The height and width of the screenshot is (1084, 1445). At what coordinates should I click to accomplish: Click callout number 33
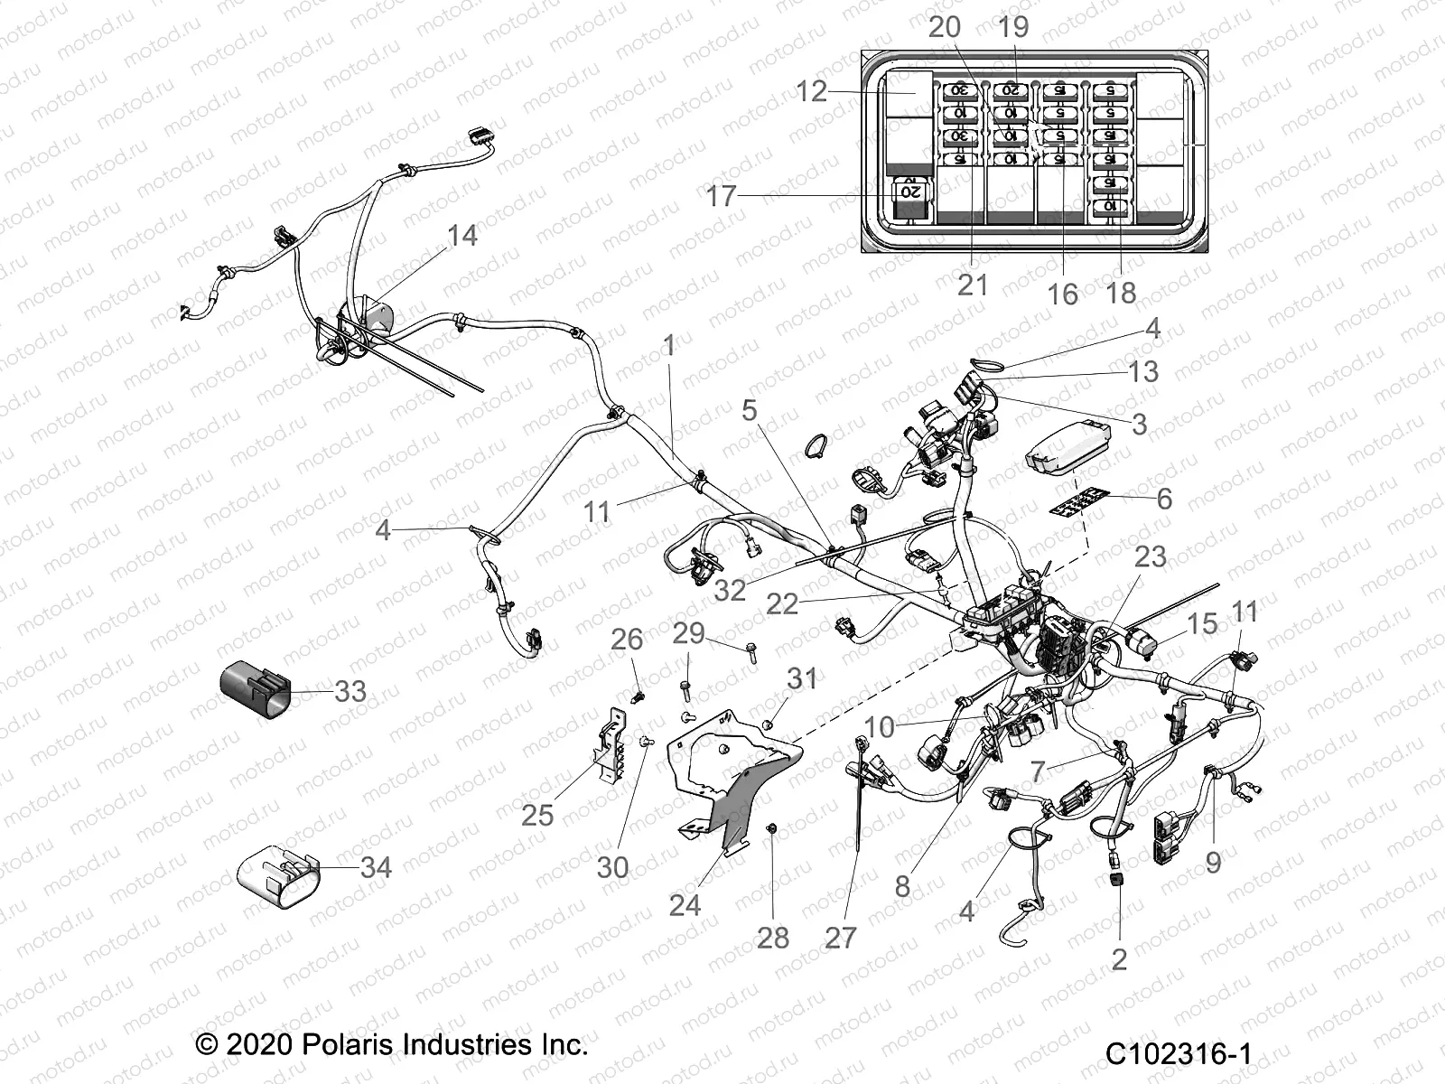click(350, 692)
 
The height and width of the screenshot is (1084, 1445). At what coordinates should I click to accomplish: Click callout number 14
click(461, 236)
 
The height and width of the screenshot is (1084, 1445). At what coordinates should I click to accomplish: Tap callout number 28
click(773, 938)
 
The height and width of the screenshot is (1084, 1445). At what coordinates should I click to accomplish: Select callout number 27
click(840, 938)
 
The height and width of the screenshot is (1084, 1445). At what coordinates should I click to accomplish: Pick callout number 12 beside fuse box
click(812, 91)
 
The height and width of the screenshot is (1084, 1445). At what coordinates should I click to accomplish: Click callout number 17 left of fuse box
click(721, 195)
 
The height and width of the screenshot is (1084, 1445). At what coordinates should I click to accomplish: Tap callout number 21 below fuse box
click(973, 285)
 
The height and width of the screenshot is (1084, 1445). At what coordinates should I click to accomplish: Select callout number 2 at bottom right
click(1119, 959)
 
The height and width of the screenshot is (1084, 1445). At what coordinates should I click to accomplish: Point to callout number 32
click(730, 590)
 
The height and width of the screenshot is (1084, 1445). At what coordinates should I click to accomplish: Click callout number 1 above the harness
click(669, 345)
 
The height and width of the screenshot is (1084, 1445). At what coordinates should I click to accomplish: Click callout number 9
click(1213, 862)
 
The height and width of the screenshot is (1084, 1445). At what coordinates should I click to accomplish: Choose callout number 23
click(1150, 556)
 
